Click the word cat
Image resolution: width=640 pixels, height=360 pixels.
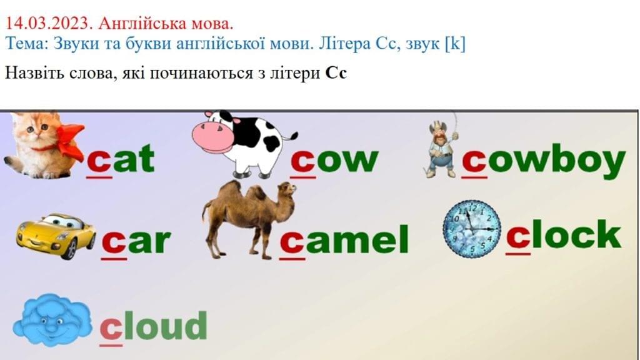(x=121, y=159)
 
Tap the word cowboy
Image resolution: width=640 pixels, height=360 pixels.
(x=544, y=162)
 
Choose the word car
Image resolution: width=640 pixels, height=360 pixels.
(x=136, y=242)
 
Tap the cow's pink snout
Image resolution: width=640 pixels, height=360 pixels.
(x=212, y=137)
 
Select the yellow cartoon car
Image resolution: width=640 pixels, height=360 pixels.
(x=56, y=236)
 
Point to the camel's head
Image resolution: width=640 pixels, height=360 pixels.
(x=287, y=189)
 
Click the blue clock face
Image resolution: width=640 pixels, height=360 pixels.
(x=472, y=229)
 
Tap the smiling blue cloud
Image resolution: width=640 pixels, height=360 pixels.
(x=52, y=319)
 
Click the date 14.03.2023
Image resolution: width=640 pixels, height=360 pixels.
(x=47, y=23)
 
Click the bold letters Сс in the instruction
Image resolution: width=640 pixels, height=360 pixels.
(x=336, y=73)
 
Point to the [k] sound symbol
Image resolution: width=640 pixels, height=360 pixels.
(x=455, y=44)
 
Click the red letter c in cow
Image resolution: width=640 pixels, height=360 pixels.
(x=303, y=162)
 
